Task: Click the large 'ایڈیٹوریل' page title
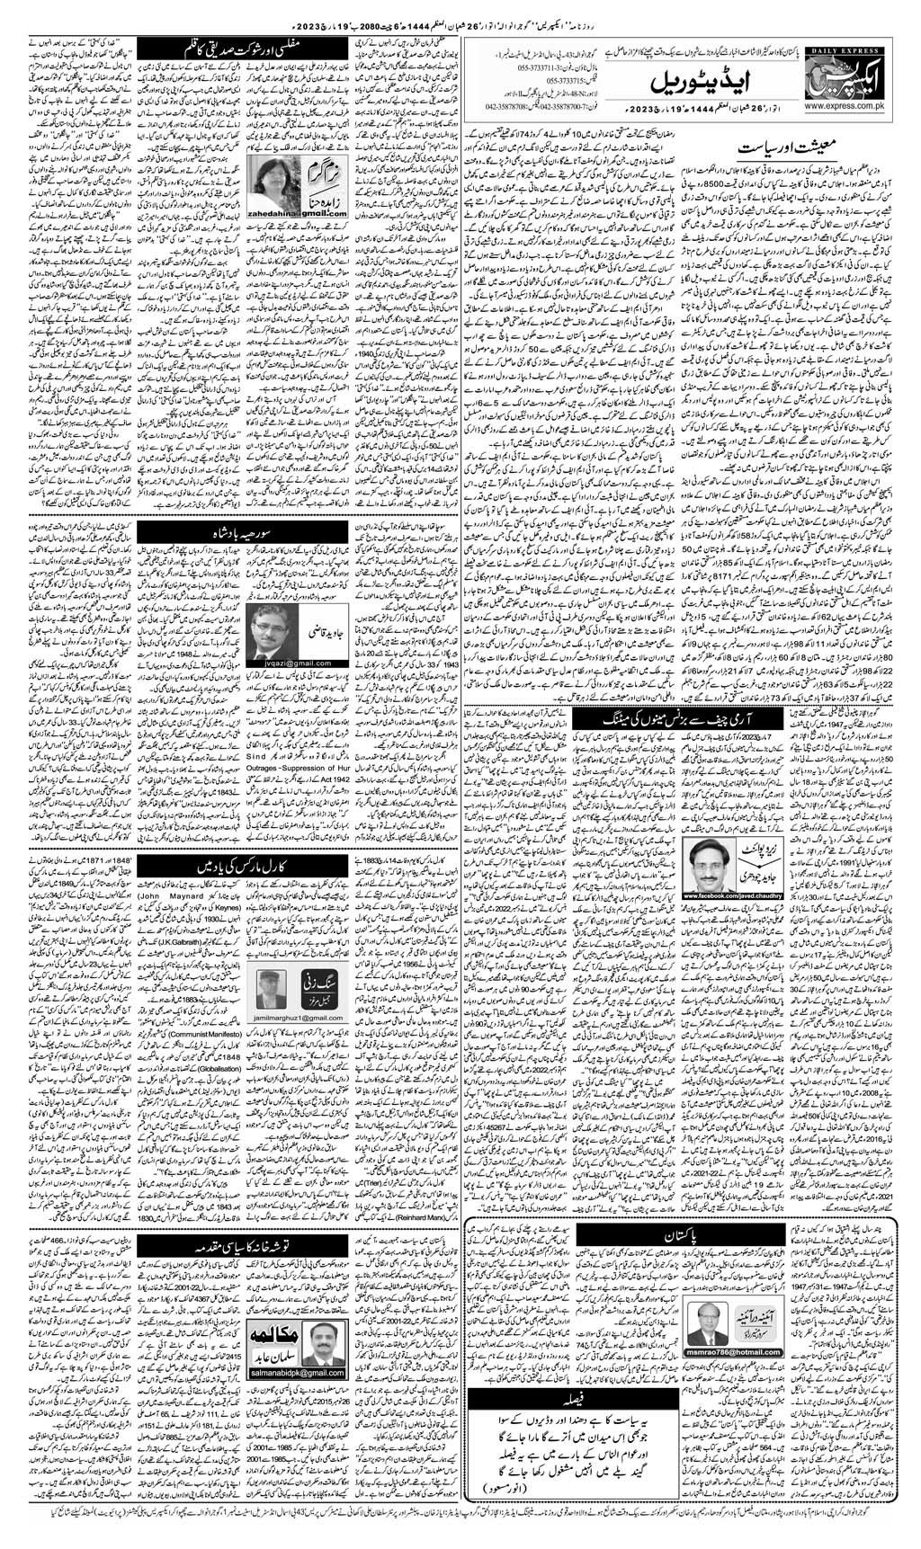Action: tap(684, 83)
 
